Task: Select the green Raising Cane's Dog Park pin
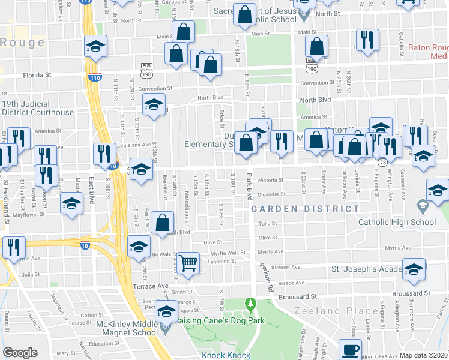tap(251, 306)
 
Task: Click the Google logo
tap(20, 353)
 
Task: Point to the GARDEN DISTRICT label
tap(305, 209)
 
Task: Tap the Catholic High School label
tap(397, 223)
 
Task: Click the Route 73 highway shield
tap(382, 162)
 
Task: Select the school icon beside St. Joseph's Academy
tap(413, 269)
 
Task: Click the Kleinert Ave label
tap(285, 268)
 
